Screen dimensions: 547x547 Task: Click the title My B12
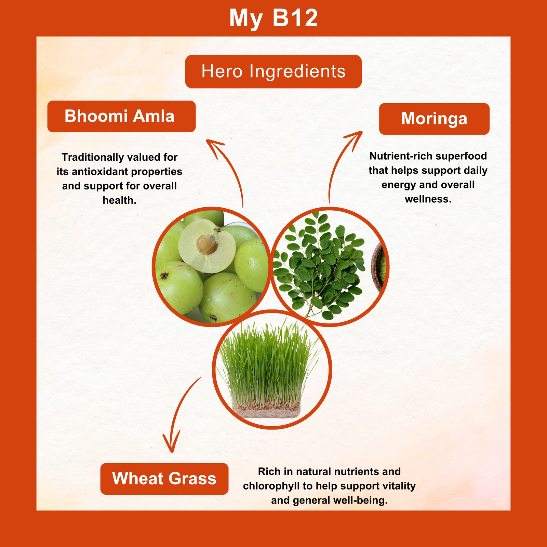click(x=273, y=18)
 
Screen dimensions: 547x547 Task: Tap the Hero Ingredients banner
click(x=273, y=71)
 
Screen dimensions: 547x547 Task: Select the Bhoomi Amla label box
click(x=121, y=116)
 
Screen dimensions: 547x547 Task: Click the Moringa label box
click(x=434, y=119)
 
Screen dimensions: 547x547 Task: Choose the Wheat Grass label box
click(x=164, y=479)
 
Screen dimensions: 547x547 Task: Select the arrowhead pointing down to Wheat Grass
click(x=171, y=443)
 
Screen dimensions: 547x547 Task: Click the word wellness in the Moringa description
click(x=428, y=199)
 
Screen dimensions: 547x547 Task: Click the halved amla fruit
click(x=207, y=246)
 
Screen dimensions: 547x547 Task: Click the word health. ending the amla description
click(x=120, y=200)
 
